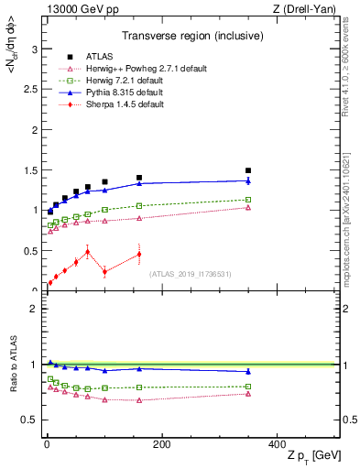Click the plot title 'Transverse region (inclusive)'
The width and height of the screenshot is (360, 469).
point(192,37)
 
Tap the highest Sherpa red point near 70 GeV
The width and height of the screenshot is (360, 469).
point(88,251)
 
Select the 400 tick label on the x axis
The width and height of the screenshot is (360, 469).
point(276,444)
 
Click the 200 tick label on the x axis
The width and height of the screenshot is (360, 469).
point(161,444)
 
